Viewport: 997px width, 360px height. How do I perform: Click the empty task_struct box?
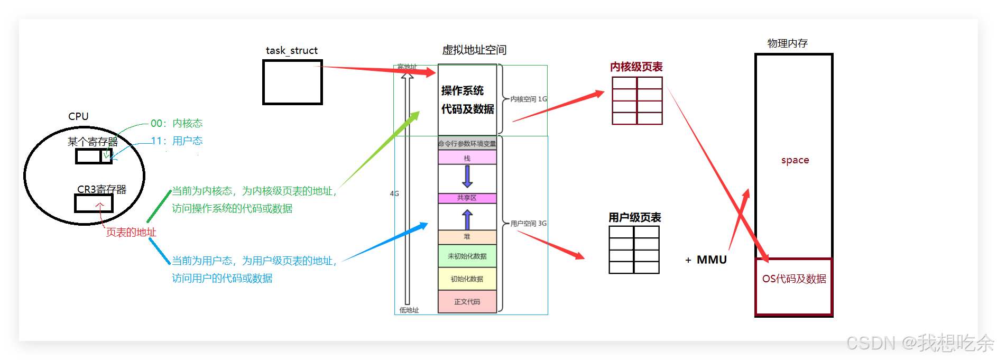point(292,82)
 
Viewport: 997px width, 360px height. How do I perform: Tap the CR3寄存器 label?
point(101,189)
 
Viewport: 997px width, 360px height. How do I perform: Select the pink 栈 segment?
point(467,158)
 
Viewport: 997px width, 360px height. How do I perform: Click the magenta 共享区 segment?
point(467,198)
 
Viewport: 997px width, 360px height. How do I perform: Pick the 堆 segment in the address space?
point(467,237)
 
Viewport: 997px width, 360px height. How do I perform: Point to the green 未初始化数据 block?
point(467,256)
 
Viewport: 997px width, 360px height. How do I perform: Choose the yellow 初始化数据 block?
point(467,279)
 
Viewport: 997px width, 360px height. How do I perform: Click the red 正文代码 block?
point(467,302)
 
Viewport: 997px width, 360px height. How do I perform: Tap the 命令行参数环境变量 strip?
point(467,144)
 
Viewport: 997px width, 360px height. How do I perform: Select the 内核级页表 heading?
point(636,67)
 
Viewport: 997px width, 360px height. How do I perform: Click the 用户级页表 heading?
point(634,217)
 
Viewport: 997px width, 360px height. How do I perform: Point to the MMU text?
point(712,260)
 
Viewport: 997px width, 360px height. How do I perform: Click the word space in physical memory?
point(795,160)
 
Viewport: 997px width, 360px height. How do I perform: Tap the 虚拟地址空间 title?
point(474,50)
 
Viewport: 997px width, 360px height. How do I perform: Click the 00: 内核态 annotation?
point(177,123)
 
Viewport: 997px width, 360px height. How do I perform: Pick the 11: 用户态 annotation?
point(177,141)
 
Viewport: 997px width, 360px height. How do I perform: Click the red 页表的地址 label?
point(131,233)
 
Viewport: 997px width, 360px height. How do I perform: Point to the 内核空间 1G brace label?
point(528,99)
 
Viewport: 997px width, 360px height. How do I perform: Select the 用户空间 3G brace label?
point(528,224)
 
